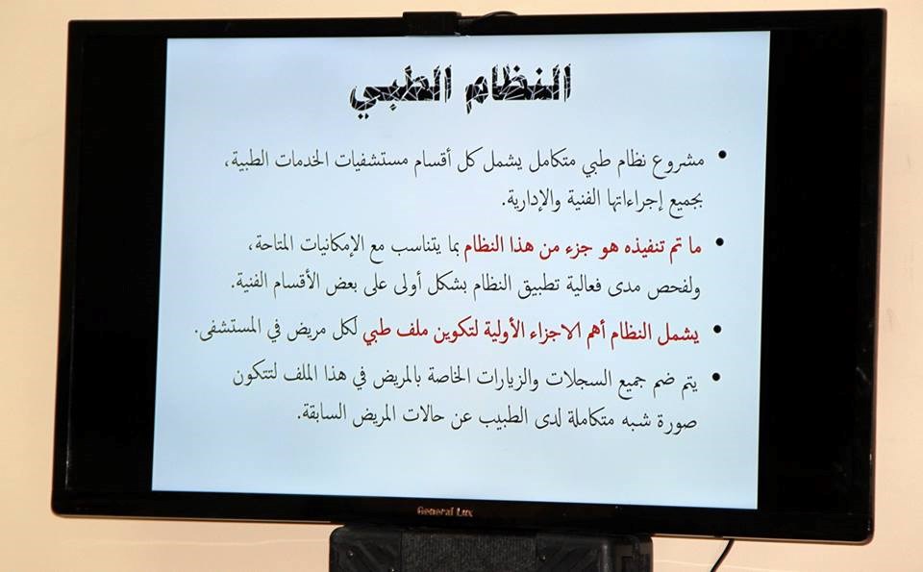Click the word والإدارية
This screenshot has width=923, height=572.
[528, 201]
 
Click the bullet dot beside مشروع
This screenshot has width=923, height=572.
[722, 156]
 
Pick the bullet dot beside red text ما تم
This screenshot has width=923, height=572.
[719, 242]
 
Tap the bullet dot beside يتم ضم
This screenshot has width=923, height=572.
[715, 377]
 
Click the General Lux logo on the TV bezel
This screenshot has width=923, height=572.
[444, 510]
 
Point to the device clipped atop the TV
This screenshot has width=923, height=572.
[431, 23]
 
